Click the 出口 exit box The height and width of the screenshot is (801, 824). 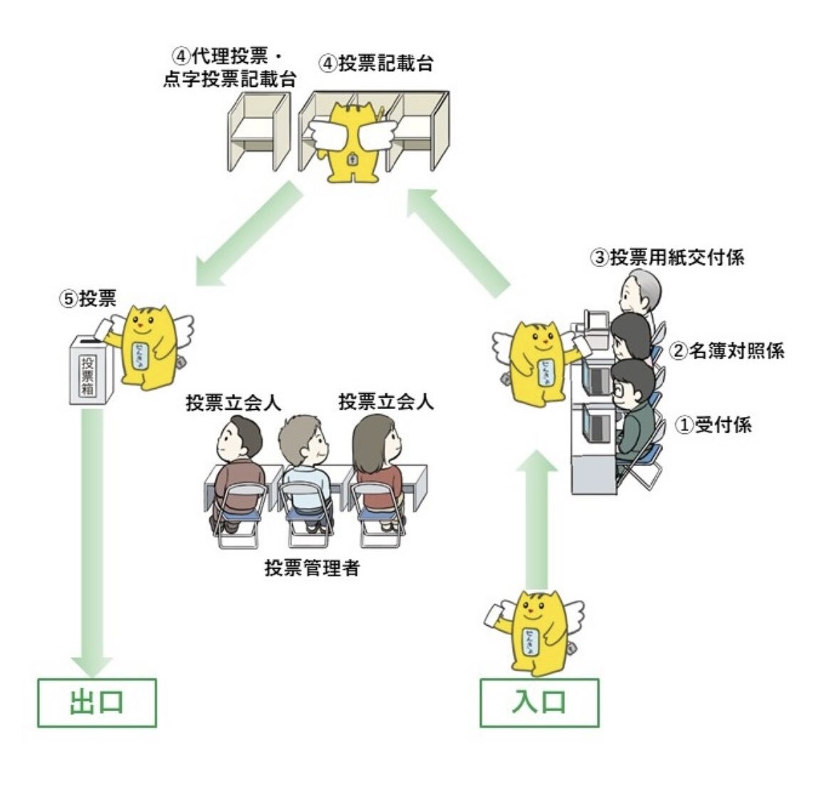tap(97, 703)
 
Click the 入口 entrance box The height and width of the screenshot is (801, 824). tap(539, 703)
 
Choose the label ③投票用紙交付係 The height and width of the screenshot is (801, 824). tap(667, 257)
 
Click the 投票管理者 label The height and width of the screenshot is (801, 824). tap(312, 569)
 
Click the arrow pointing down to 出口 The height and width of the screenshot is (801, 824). tap(93, 542)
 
